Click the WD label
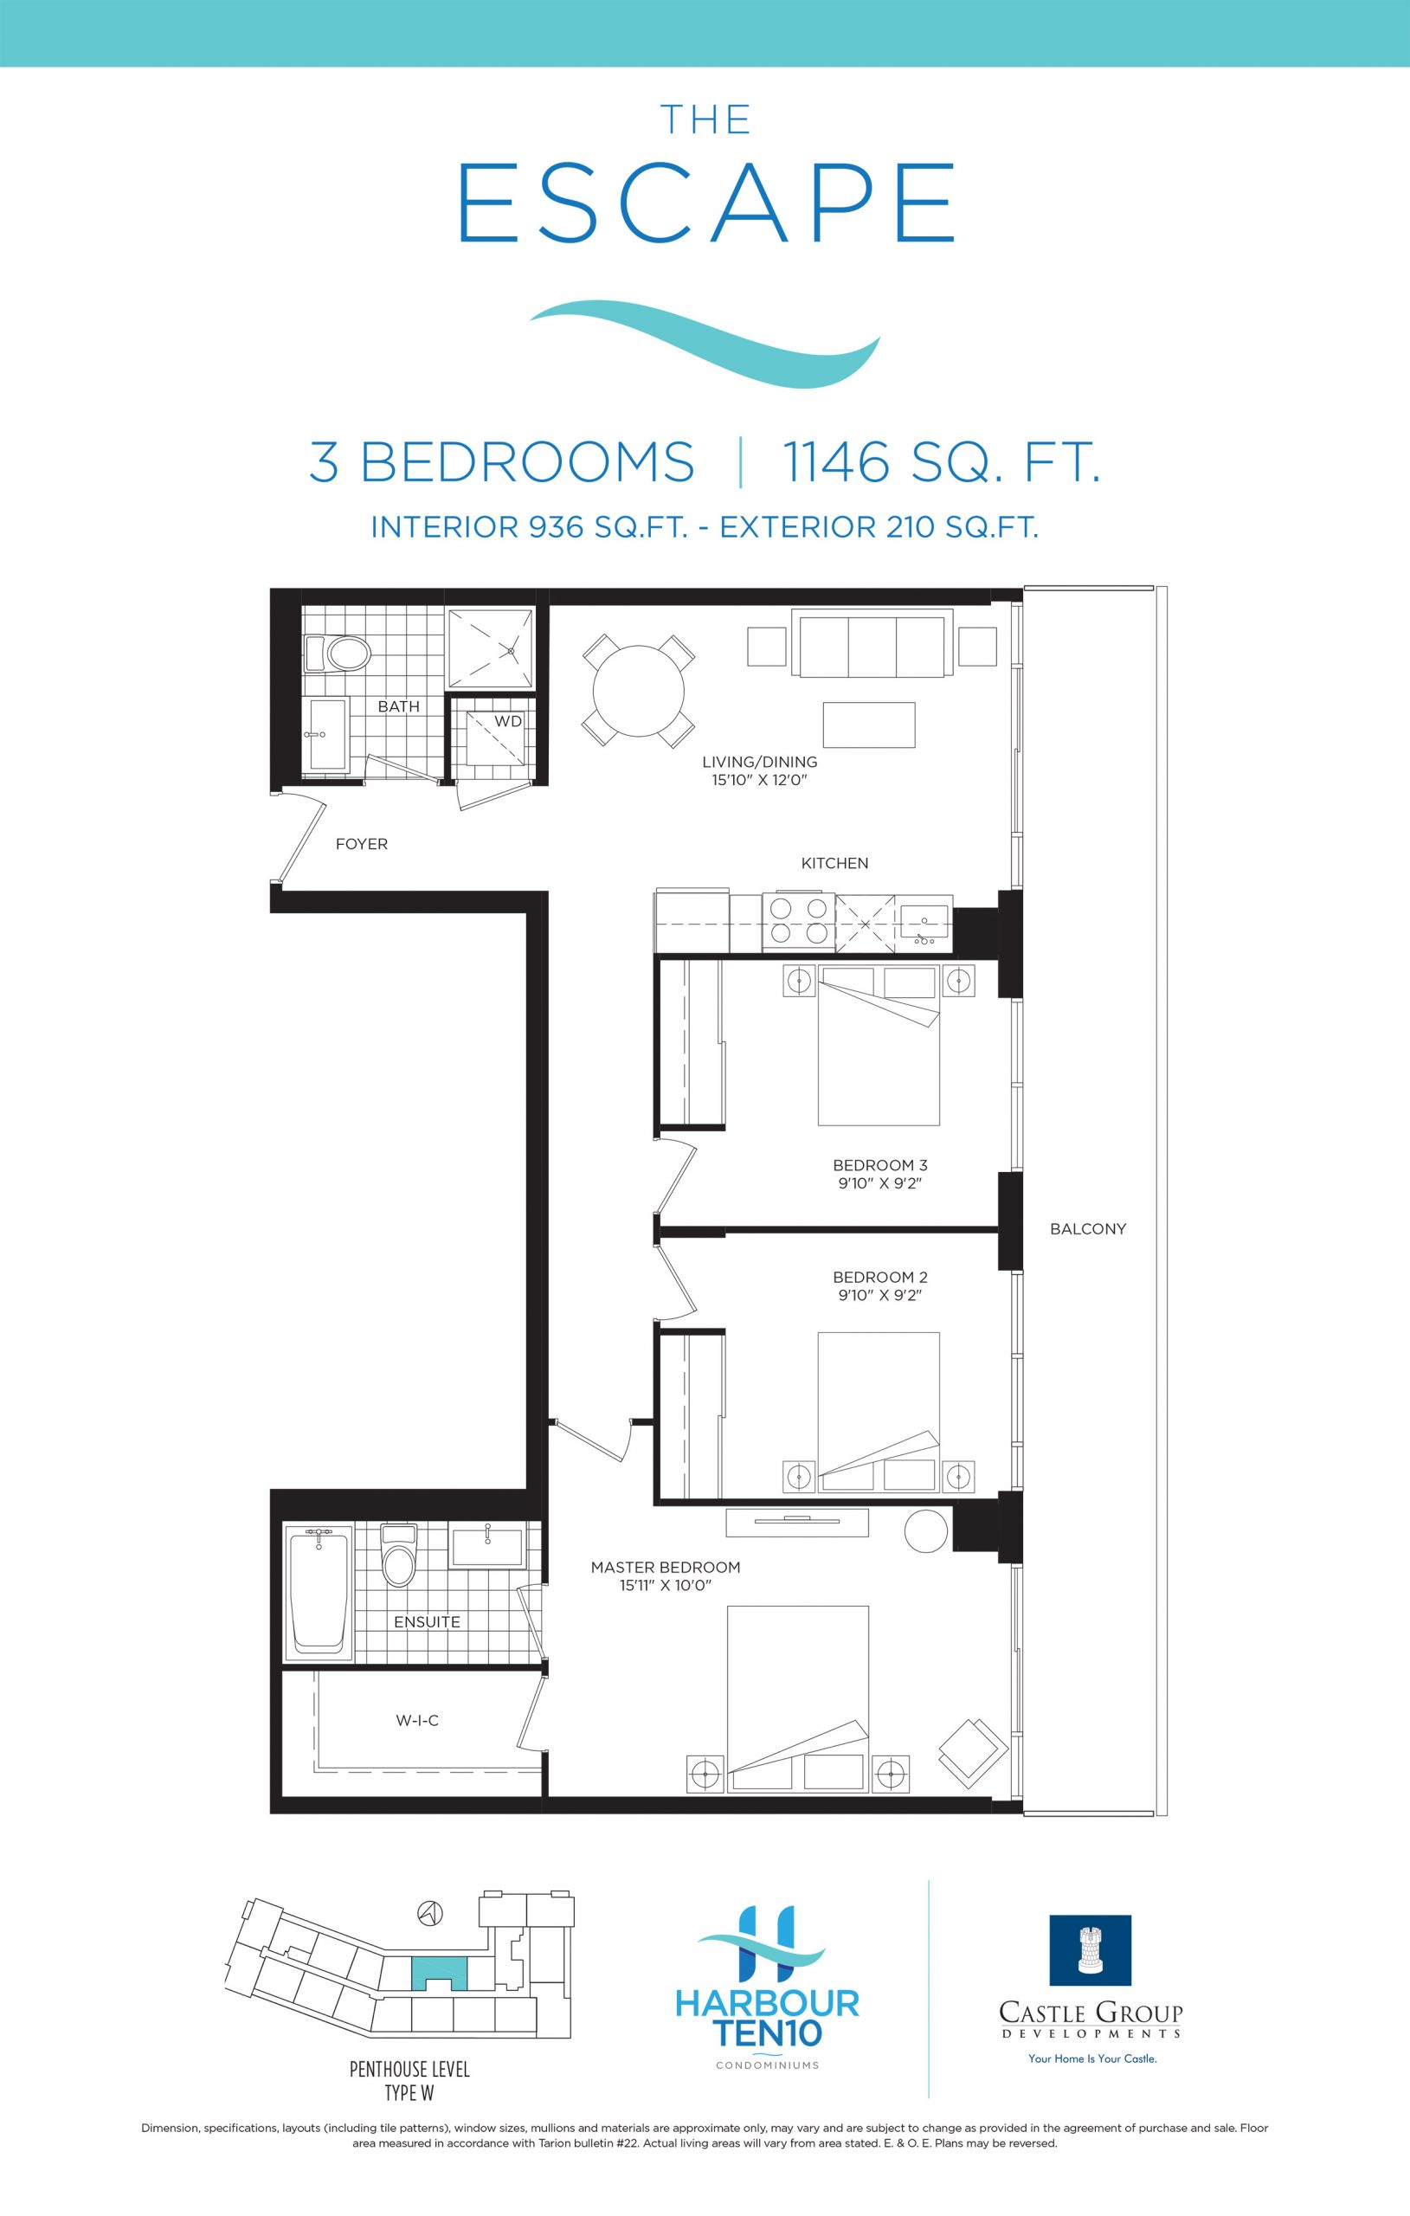coord(508,721)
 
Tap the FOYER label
coord(362,844)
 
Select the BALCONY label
coord(1088,1228)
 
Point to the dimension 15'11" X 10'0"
coord(666,1586)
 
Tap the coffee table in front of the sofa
coord(869,725)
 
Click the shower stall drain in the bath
coord(511,650)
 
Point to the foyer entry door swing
coord(300,837)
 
